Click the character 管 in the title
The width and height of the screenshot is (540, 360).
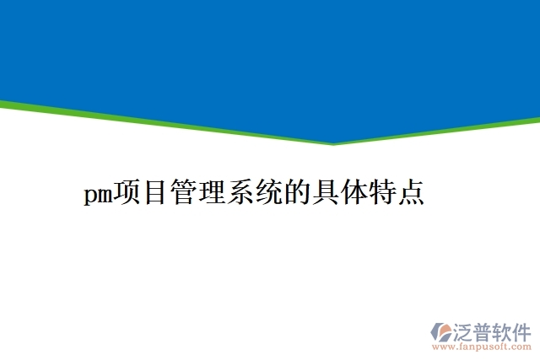click(184, 194)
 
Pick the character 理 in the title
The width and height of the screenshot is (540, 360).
click(212, 194)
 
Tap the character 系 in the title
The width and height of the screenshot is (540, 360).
click(240, 194)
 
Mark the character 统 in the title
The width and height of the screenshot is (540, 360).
click(268, 194)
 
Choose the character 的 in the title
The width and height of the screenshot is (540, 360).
click(296, 194)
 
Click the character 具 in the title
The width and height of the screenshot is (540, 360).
click(325, 194)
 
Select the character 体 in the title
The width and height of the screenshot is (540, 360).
click(353, 194)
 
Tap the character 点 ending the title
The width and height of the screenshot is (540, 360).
click(409, 194)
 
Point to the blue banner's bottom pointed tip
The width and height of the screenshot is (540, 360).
click(334, 141)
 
